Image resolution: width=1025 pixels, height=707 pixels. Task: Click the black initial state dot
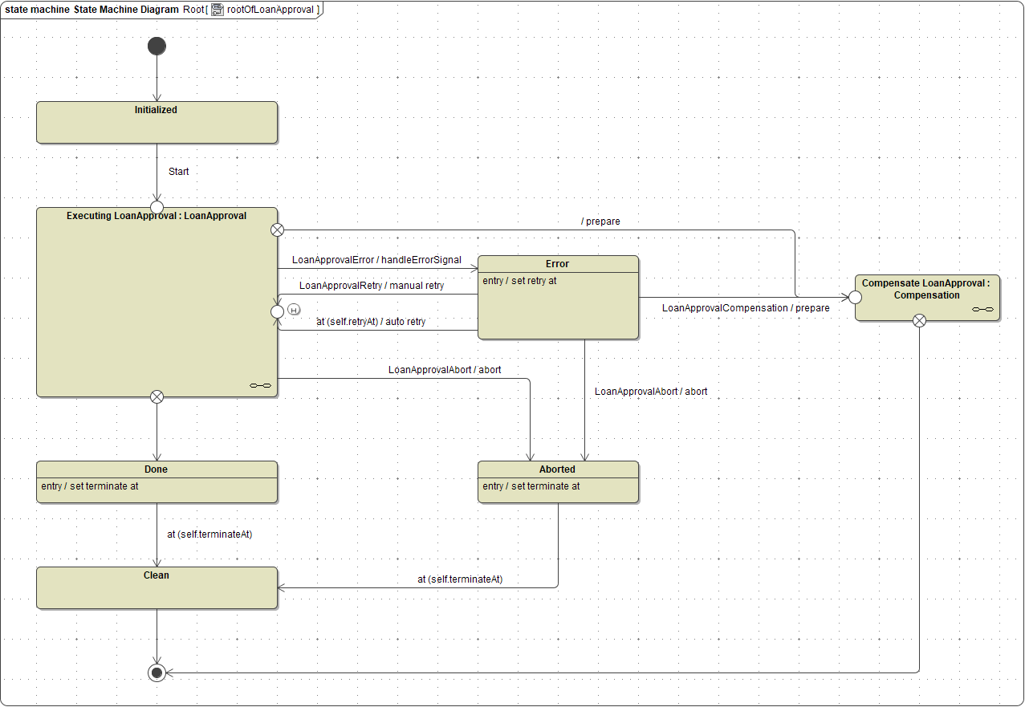pos(157,46)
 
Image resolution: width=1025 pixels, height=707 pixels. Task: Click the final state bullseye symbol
pos(157,672)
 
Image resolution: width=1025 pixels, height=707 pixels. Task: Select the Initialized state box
pos(157,123)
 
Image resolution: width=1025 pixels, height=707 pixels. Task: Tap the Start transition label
pos(178,172)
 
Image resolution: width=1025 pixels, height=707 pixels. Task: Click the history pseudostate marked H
pos(294,310)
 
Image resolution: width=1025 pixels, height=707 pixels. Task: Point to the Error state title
pos(557,264)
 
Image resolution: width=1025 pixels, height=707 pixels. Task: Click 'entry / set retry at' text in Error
pos(519,281)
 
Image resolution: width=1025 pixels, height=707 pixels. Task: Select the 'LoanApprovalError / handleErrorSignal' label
pos(376,260)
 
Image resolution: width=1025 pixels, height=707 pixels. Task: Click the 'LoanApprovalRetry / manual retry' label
pos(372,286)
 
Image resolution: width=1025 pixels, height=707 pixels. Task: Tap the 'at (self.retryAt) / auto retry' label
pos(371,322)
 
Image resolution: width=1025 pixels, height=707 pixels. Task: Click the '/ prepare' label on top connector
pos(600,221)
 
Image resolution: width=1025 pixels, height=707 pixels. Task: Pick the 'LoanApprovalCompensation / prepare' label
pos(746,308)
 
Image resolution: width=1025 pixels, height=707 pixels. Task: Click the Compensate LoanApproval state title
pos(926,289)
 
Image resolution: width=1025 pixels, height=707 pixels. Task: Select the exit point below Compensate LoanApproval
pos(920,321)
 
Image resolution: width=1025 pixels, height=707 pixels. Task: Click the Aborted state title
pos(557,469)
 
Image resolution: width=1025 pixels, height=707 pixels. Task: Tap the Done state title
pos(157,469)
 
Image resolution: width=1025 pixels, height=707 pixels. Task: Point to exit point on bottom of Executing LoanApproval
pos(157,396)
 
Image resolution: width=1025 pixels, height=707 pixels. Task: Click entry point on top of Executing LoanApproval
pos(157,208)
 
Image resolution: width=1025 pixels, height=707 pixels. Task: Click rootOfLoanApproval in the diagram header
pos(270,10)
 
